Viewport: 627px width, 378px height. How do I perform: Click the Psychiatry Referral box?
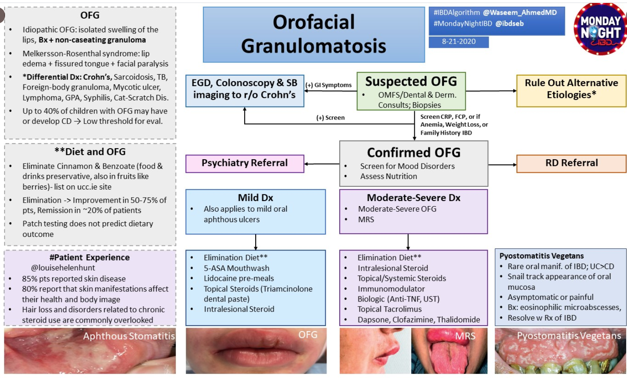point(245,163)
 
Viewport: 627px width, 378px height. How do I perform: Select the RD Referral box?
point(571,163)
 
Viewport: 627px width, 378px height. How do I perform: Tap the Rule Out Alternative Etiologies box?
point(571,89)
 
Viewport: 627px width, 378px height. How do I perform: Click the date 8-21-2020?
point(459,42)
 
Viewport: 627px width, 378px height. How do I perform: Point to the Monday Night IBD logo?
point(600,29)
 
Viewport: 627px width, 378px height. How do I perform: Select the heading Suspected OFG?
point(411,82)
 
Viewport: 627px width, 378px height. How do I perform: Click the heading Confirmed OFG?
point(413,152)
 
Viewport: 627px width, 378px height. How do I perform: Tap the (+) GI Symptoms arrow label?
point(329,85)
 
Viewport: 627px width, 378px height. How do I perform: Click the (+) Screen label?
point(330,118)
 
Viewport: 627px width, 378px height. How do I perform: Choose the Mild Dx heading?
point(255,198)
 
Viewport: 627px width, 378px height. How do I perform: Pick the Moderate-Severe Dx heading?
point(413,198)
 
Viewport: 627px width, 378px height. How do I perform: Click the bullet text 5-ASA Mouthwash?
point(236,268)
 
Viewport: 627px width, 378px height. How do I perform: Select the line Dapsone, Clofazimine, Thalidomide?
point(419,320)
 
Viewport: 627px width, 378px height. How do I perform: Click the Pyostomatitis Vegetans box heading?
point(541,256)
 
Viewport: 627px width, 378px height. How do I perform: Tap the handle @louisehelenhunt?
point(63,268)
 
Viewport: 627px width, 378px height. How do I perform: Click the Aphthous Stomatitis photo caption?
point(129,336)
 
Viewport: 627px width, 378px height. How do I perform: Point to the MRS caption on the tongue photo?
point(465,336)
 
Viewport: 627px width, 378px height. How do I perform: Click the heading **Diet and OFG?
point(90,152)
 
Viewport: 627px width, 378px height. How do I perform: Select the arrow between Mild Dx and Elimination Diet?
point(256,242)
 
